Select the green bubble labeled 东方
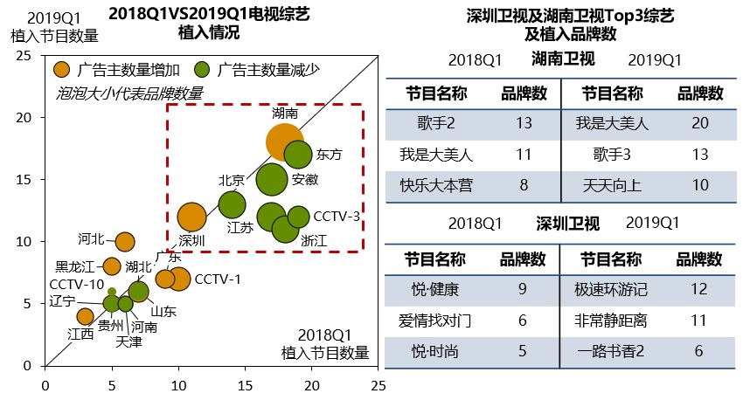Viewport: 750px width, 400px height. [x=298, y=154]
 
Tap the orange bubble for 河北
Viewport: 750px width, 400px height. [x=125, y=241]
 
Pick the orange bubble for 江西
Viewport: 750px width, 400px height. [x=85, y=316]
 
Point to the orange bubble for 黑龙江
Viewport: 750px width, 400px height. [x=112, y=266]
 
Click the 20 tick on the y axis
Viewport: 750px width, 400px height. [x=24, y=117]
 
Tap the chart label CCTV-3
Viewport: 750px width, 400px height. [x=337, y=215]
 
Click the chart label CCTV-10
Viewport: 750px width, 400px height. [x=77, y=284]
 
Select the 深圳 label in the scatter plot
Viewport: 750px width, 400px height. [x=191, y=239]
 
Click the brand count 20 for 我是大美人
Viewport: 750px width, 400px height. [x=699, y=123]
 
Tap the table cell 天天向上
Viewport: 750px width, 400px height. [x=615, y=184]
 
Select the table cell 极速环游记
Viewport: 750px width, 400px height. [x=615, y=289]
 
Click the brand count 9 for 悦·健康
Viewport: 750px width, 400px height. [x=523, y=289]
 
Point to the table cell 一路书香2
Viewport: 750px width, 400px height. [x=615, y=351]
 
